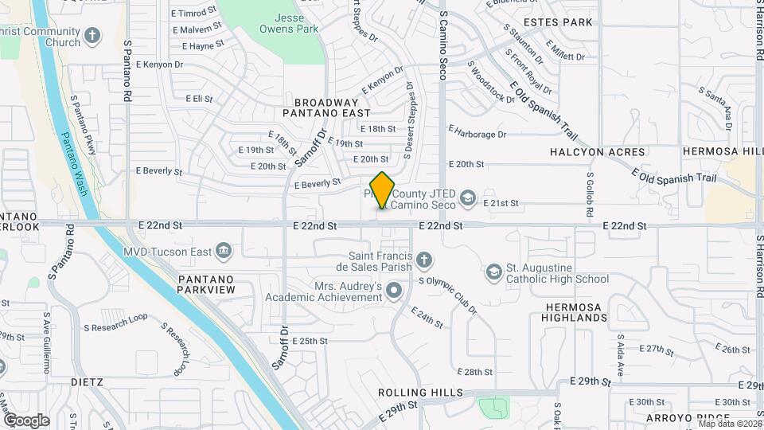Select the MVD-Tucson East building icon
pyautogui.click(x=224, y=252)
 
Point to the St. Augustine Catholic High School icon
pyautogui.click(x=493, y=273)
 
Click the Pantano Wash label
pyautogui.click(x=77, y=166)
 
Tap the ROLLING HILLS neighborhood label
pyautogui.click(x=420, y=393)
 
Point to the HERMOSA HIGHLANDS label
pyautogui.click(x=577, y=312)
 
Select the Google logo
pyautogui.click(x=26, y=420)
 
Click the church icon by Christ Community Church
pyautogui.click(x=93, y=36)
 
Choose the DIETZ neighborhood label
pyautogui.click(x=86, y=381)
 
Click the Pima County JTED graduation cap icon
pyautogui.click(x=469, y=197)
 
